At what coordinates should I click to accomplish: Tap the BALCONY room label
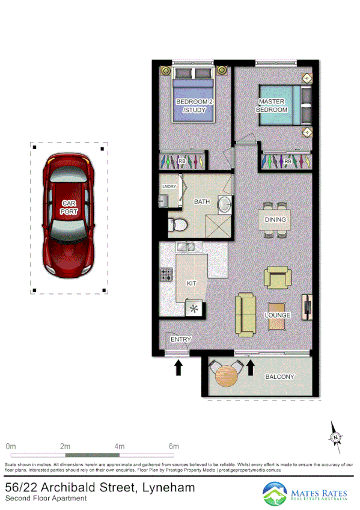[x=280, y=377]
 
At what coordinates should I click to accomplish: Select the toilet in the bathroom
[x=178, y=224]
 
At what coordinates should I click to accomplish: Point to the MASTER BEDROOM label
[x=272, y=106]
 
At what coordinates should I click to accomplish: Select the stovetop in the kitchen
[x=166, y=276]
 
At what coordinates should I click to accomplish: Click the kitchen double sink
[x=186, y=247]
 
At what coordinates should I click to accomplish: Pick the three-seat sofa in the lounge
[x=246, y=314]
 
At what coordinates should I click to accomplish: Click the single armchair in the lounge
[x=277, y=278]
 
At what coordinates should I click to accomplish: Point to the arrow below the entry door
[x=178, y=368]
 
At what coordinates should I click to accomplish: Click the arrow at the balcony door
[x=251, y=367]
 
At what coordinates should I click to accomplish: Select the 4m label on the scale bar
[x=120, y=446]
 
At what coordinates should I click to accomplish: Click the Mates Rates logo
[x=306, y=494]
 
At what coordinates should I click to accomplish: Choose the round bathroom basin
[x=224, y=205]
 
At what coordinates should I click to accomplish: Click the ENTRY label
[x=180, y=340]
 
